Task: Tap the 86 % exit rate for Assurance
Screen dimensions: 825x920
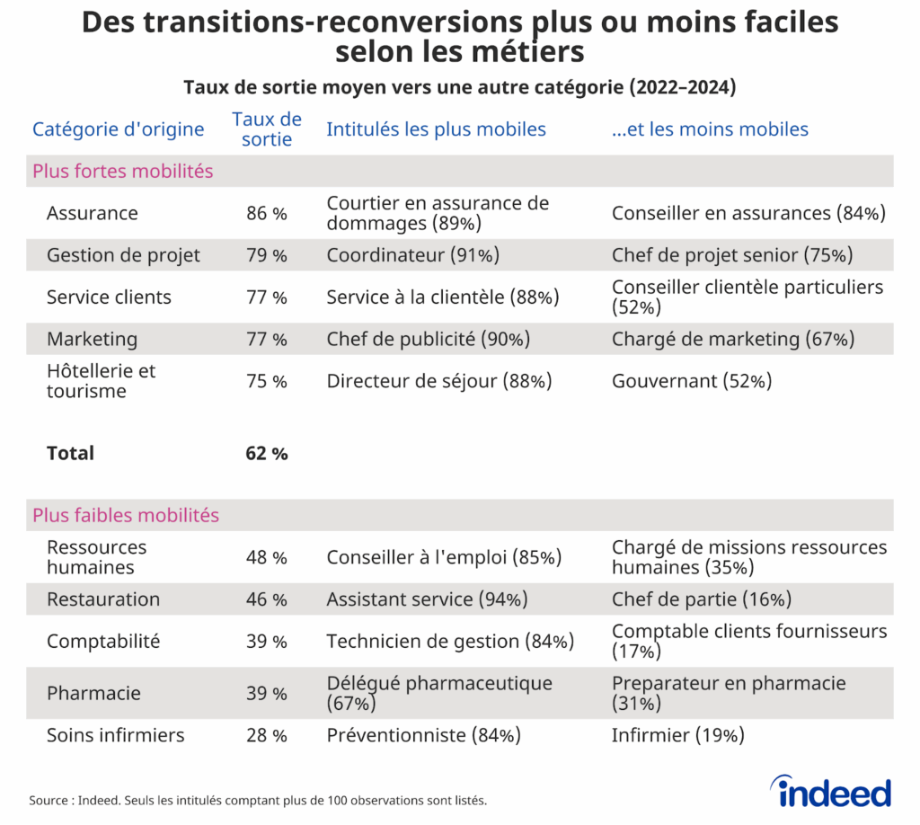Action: [x=267, y=214]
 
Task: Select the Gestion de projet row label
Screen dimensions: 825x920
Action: [x=123, y=255]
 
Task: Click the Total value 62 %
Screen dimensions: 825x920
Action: [x=267, y=454]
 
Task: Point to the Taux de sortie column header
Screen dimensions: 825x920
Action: [x=267, y=129]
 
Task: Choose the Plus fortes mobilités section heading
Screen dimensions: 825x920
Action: [x=123, y=171]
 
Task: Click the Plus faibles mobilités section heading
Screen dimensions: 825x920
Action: [x=126, y=516]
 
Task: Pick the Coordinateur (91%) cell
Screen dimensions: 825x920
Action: [x=412, y=255]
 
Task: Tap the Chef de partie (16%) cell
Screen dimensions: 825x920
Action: [x=701, y=599]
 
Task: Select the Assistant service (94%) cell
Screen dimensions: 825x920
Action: [x=427, y=599]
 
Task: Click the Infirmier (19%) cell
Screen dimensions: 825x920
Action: [x=678, y=735]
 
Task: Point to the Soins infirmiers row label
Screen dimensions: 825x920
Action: [x=115, y=735]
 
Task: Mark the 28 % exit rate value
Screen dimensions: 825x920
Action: [x=267, y=736]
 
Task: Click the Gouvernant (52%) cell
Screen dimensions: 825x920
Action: [x=692, y=381]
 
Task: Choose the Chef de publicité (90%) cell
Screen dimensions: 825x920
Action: [x=428, y=340]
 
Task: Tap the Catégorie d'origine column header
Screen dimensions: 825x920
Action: [x=119, y=129]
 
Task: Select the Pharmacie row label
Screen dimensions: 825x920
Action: [x=93, y=694]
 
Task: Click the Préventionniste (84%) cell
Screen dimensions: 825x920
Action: [x=424, y=735]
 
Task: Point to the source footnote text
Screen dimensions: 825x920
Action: [x=258, y=800]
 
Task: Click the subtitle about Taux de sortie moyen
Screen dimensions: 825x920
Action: [x=459, y=87]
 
